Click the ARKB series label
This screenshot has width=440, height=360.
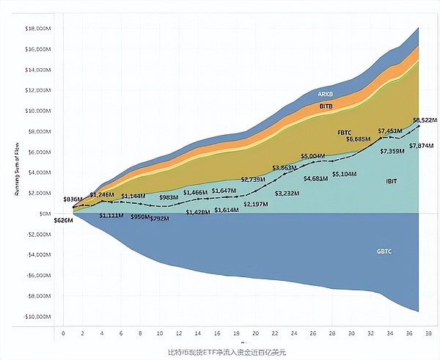click(x=326, y=94)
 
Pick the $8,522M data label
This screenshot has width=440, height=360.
click(x=425, y=120)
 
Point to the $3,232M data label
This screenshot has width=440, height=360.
click(x=287, y=193)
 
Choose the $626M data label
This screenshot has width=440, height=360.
click(x=64, y=220)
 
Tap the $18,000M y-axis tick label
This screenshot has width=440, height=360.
click(x=37, y=28)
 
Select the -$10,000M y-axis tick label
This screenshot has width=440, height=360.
click(x=36, y=317)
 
